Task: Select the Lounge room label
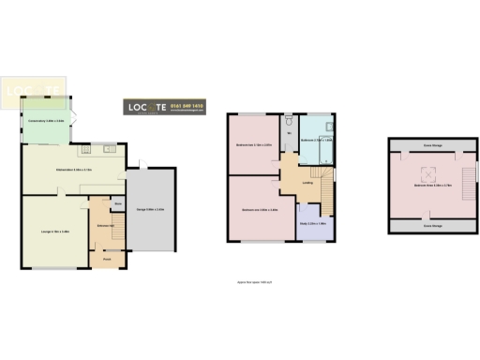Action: tap(54, 231)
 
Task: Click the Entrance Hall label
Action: tap(105, 225)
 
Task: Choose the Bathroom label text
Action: tap(319, 140)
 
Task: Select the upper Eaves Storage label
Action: tap(433, 145)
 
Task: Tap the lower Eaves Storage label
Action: tap(433, 226)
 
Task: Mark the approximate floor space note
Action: tap(248, 281)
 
